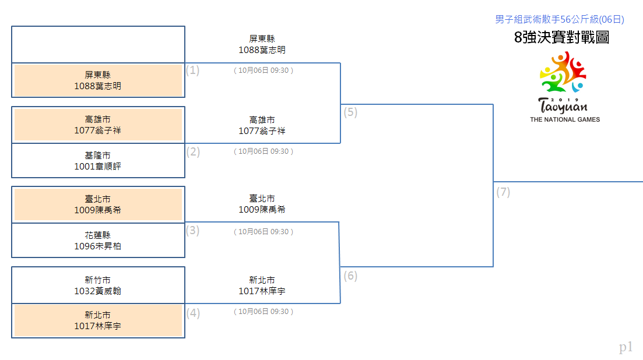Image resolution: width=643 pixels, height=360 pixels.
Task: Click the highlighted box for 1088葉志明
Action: pos(98,80)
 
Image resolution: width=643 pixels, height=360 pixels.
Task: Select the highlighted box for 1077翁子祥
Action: pos(98,125)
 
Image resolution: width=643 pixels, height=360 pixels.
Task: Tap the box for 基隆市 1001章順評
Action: pos(98,161)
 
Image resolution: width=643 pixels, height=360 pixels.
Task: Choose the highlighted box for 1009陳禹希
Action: pos(98,204)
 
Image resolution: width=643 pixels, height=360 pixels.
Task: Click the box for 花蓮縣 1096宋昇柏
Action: pos(98,241)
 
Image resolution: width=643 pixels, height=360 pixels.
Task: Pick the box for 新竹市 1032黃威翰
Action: pos(98,285)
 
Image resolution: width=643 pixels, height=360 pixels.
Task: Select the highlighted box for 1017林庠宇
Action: pos(98,320)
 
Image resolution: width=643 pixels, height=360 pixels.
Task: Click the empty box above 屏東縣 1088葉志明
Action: pos(98,45)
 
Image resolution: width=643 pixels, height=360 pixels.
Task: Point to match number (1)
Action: pos(193,70)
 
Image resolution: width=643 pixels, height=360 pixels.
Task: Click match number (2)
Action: pos(193,152)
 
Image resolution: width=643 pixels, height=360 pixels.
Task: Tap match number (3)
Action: pos(193,231)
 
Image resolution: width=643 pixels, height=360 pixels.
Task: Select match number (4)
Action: pos(193,313)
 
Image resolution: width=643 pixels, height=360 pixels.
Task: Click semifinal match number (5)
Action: pos(350,112)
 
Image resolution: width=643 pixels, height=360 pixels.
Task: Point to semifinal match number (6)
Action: pos(350,276)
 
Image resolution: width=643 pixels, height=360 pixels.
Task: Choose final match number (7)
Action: pos(503,192)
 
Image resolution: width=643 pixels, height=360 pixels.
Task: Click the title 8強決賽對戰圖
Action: pos(561,37)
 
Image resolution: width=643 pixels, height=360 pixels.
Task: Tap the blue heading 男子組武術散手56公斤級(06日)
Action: pos(559,19)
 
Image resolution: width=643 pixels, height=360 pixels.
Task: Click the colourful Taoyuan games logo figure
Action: pos(563,72)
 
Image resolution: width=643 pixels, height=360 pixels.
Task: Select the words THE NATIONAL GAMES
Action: pos(565,119)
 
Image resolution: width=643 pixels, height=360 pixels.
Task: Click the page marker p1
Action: pos(626,347)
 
